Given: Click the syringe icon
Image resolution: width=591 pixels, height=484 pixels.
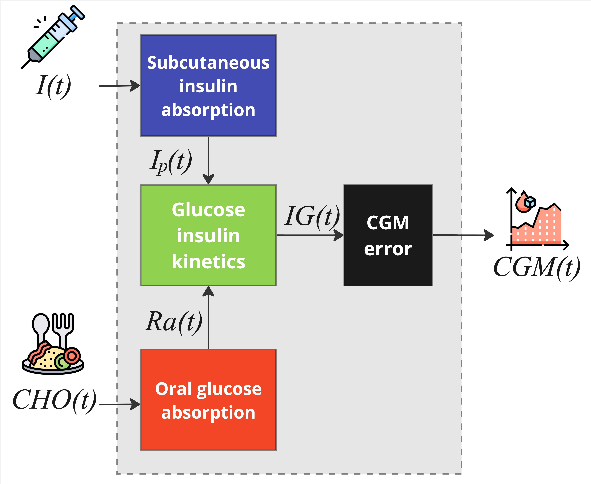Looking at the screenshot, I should (53, 36).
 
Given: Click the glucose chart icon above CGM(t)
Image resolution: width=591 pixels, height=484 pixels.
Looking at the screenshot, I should (537, 219).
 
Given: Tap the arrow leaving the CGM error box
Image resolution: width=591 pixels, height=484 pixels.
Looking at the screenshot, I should (463, 235).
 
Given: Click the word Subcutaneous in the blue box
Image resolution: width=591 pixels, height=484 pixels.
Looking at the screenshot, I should (208, 63).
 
